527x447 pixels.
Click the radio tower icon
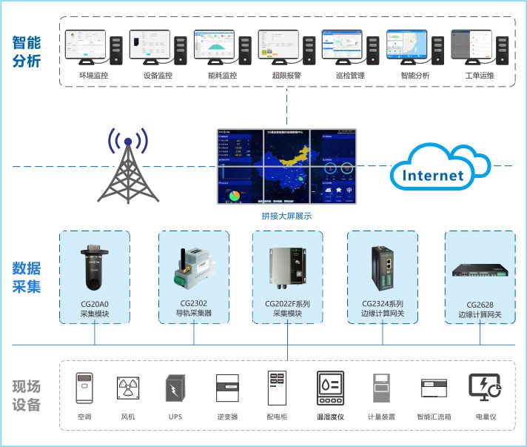pyautogui.click(x=129, y=169)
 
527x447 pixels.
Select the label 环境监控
pyautogui.click(x=93, y=75)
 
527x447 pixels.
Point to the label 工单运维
pyautogui.click(x=479, y=75)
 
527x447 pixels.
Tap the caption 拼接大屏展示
pyautogui.click(x=286, y=216)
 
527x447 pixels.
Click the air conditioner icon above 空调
pyautogui.click(x=84, y=388)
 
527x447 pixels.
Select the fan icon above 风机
pyautogui.click(x=127, y=388)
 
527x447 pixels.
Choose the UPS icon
pyautogui.click(x=175, y=388)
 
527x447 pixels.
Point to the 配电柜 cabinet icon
pyautogui.click(x=276, y=388)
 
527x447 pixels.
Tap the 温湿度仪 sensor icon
pyautogui.click(x=329, y=388)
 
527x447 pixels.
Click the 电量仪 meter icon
pyautogui.click(x=484, y=388)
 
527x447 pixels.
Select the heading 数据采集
pyautogui.click(x=27, y=277)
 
